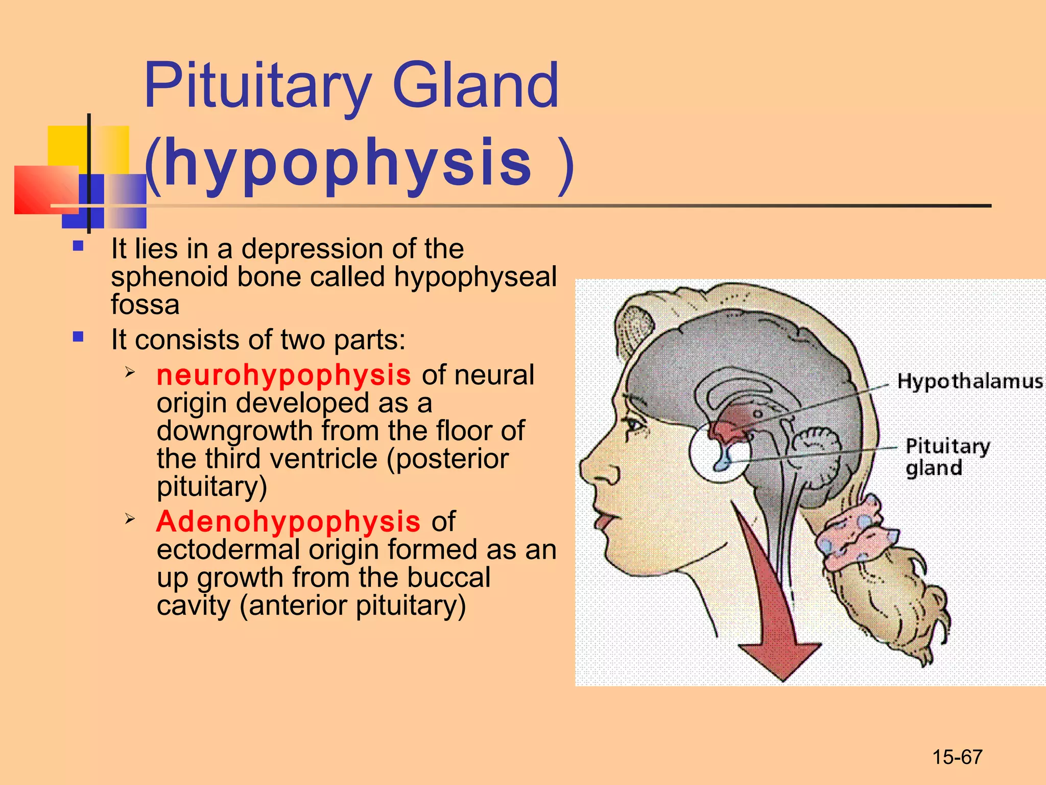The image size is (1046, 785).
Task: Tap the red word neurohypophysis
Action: tap(283, 375)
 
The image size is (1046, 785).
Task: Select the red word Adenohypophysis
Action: tap(289, 521)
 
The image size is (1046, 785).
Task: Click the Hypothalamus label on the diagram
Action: tap(969, 381)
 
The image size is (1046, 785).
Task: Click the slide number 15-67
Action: tap(957, 757)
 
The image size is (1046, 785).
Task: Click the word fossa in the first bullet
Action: tap(145, 305)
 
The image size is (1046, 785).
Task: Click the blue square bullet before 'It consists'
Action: tap(78, 337)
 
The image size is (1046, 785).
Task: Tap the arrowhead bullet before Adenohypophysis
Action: tap(130, 519)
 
